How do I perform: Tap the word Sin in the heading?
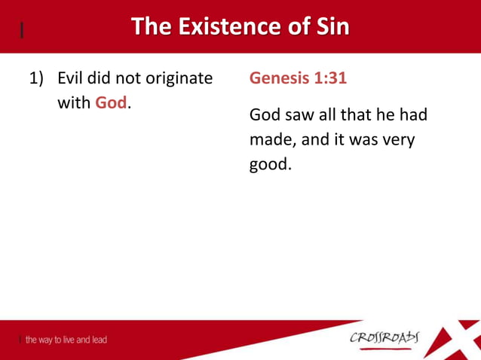330,27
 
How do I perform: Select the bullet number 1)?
38,78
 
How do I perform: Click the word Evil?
72,78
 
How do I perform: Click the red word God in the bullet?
110,103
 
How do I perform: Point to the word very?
395,140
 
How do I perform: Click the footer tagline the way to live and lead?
66,340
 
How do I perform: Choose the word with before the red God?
74,103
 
